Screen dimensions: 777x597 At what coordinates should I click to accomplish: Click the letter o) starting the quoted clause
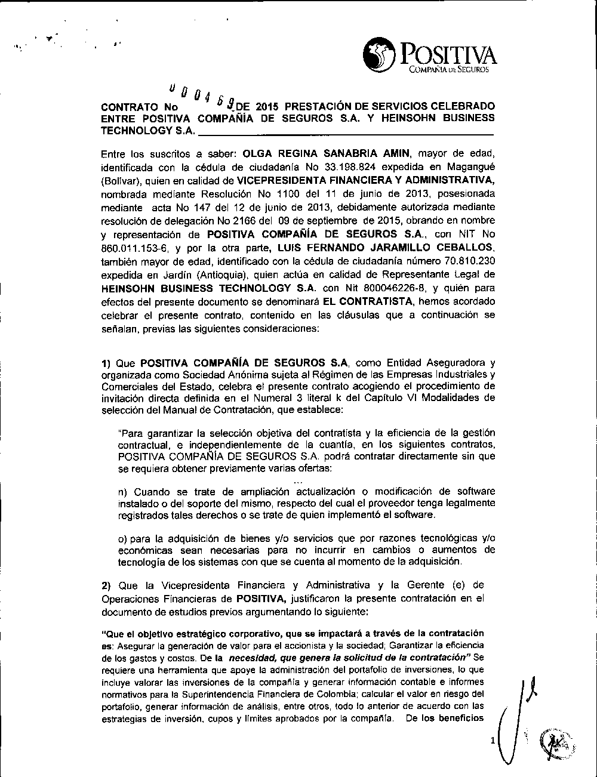pyautogui.click(x=123, y=538)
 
